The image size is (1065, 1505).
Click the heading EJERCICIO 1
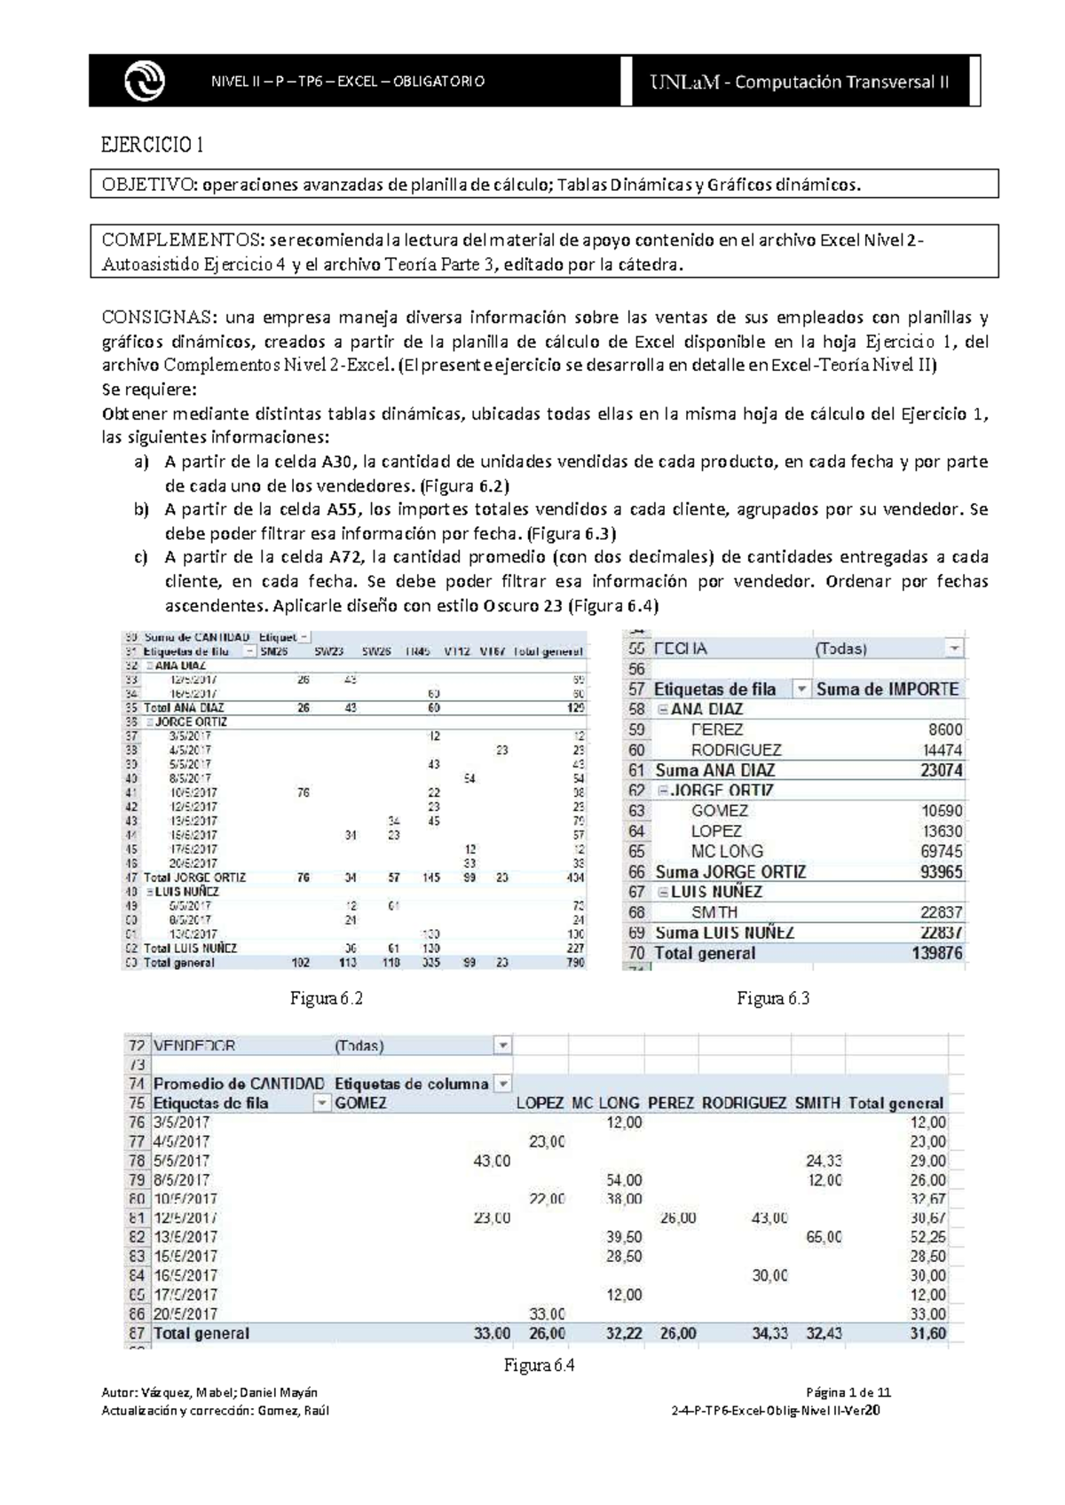(x=153, y=145)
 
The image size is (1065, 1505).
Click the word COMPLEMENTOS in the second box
(x=182, y=240)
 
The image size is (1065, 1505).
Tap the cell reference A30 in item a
(x=338, y=461)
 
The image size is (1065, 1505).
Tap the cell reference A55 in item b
(x=343, y=509)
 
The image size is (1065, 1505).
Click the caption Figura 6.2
(x=326, y=998)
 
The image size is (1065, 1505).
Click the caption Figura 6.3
(x=773, y=998)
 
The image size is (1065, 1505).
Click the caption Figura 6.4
(x=539, y=1366)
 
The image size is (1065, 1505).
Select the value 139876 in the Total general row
(x=935, y=953)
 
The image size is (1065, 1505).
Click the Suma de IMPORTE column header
(x=887, y=689)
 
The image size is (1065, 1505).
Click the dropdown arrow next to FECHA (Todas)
(x=953, y=649)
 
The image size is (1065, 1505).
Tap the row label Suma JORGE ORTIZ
(x=730, y=871)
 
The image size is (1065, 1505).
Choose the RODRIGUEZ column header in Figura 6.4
(x=743, y=1103)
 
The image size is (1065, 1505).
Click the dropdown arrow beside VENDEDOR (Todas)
(x=502, y=1045)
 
